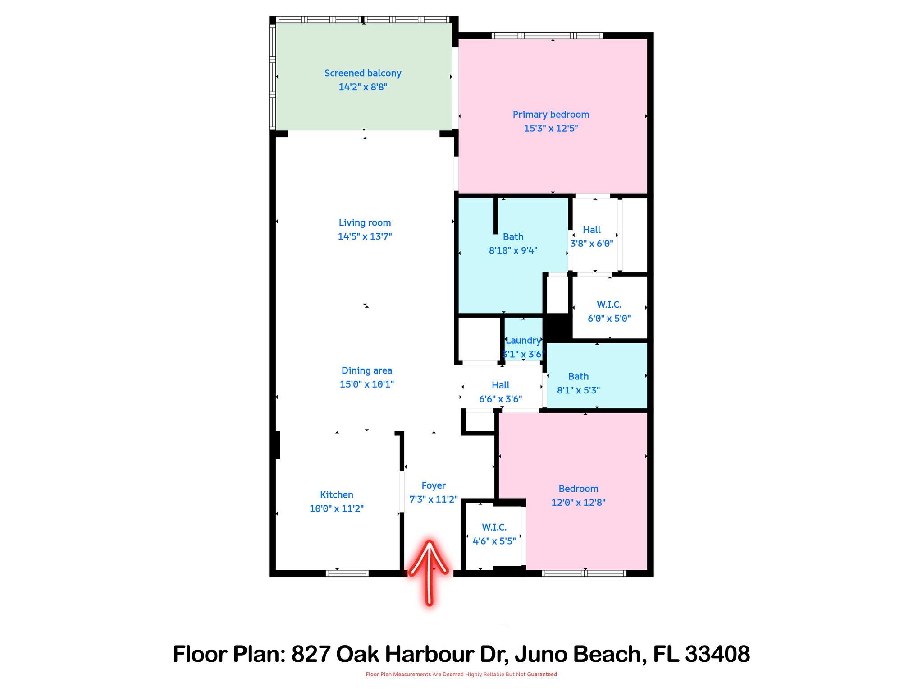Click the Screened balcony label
click(x=363, y=73)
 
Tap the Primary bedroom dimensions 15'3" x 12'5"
click(x=551, y=128)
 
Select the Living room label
click(x=365, y=222)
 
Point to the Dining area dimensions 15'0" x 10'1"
click(x=366, y=384)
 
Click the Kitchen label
click(x=336, y=494)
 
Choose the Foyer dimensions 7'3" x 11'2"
click(x=434, y=499)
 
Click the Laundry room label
click(x=523, y=341)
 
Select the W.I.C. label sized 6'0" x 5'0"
click(x=609, y=305)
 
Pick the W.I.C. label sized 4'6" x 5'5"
click(x=494, y=527)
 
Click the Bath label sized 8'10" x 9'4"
click(x=513, y=237)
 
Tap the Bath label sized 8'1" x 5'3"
click(x=578, y=376)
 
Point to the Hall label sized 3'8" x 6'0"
click(x=591, y=230)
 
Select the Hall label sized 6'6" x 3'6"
click(x=500, y=385)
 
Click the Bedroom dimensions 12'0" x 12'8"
click(x=578, y=503)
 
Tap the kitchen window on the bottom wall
click(x=347, y=573)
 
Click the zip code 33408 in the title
click(x=717, y=654)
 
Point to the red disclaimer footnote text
click(x=461, y=674)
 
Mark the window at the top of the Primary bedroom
click(x=547, y=36)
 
